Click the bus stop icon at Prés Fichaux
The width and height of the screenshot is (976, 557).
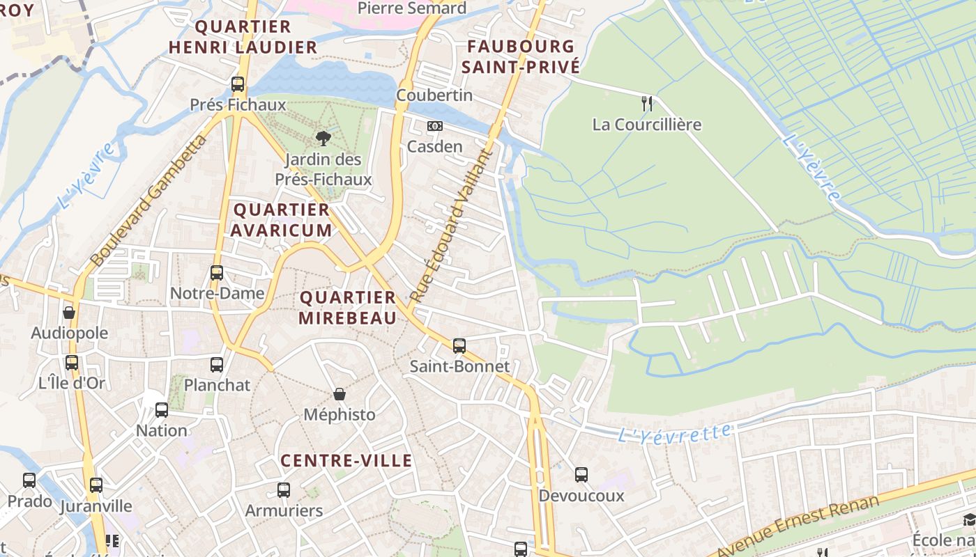(x=238, y=84)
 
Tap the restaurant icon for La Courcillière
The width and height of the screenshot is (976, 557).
(x=647, y=104)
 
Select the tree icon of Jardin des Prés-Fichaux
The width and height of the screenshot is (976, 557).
(x=323, y=138)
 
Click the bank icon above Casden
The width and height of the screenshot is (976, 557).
(x=434, y=126)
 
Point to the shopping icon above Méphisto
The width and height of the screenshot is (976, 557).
(x=340, y=395)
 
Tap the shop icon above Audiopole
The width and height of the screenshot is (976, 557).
(x=69, y=313)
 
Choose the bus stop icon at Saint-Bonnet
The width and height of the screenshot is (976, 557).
(x=459, y=345)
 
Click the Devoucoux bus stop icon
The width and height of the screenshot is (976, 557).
(x=581, y=475)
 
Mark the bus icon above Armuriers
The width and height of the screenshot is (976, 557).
(x=283, y=489)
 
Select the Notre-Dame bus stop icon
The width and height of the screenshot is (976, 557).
(x=217, y=272)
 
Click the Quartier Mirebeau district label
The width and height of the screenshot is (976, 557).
(x=348, y=308)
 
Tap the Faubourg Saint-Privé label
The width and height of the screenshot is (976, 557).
(x=521, y=57)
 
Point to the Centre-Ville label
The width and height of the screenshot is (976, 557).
(x=346, y=461)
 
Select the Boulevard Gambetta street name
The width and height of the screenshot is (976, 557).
(x=149, y=201)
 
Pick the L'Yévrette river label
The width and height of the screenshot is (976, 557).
(x=675, y=433)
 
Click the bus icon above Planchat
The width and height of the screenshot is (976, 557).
(x=217, y=364)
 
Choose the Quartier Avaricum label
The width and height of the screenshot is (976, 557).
(x=282, y=220)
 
